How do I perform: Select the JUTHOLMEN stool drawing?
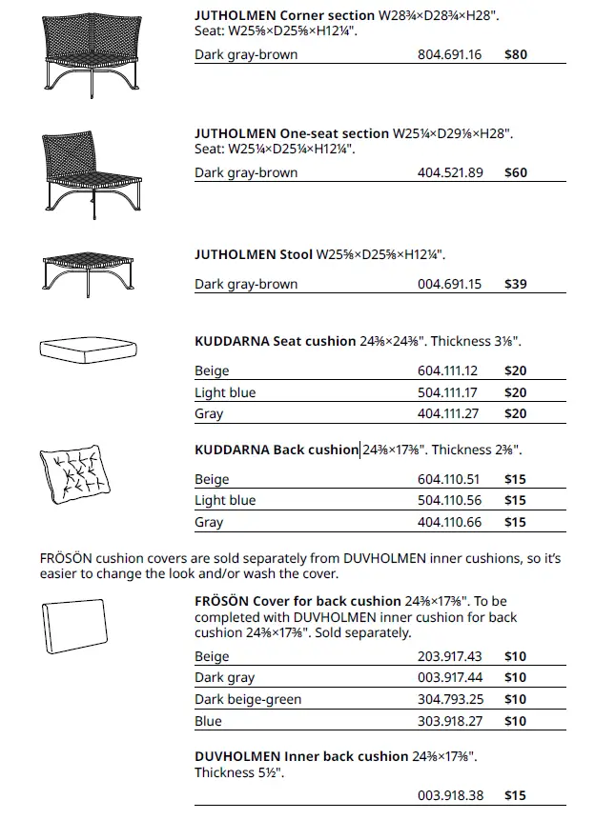[85, 270]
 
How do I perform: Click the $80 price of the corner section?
[515, 55]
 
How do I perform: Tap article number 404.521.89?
[450, 173]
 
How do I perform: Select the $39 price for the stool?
[515, 284]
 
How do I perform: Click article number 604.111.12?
[448, 371]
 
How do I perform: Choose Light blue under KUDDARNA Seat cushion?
[225, 392]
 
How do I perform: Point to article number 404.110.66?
[449, 522]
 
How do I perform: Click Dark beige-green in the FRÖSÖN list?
[248, 699]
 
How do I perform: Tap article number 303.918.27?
[449, 721]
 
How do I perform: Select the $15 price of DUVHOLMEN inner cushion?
[515, 795]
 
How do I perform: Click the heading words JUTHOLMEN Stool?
[253, 255]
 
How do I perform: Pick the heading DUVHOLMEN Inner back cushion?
[301, 756]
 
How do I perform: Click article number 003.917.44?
[449, 678]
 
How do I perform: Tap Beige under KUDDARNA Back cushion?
[212, 479]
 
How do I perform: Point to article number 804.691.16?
[450, 55]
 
